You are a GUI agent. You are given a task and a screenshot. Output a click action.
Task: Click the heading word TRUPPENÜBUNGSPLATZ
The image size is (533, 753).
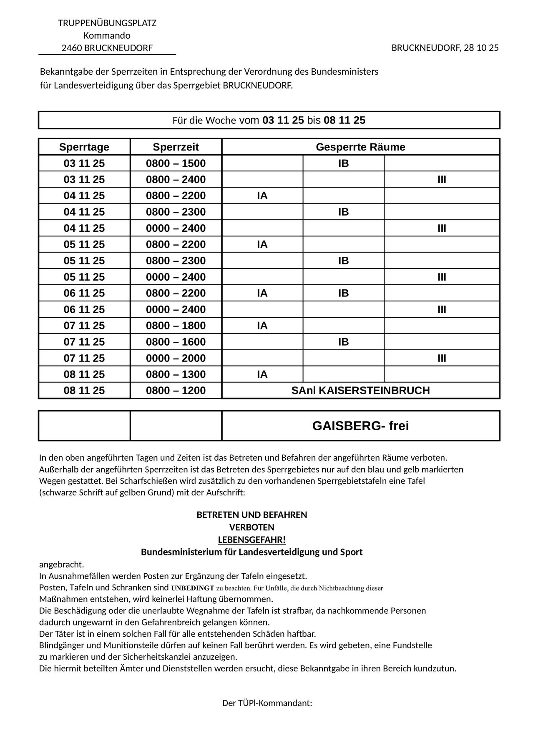pyautogui.click(x=107, y=23)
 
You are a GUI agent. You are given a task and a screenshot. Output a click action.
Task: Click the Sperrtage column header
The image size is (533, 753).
pyautogui.click(x=84, y=147)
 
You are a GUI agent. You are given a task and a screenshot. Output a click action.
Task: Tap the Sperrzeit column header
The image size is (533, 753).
pyautogui.click(x=176, y=147)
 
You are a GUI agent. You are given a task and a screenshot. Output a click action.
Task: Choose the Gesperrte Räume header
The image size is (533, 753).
pyautogui.click(x=360, y=147)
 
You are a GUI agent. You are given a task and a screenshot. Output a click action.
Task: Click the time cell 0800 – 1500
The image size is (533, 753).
pyautogui.click(x=176, y=163)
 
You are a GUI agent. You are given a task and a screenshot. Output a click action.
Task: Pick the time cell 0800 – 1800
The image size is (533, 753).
pyautogui.click(x=176, y=326)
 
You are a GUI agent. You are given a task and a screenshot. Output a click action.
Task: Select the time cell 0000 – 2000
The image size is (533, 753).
pyautogui.click(x=176, y=358)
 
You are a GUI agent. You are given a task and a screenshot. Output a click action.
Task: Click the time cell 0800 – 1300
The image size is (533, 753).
pyautogui.click(x=176, y=374)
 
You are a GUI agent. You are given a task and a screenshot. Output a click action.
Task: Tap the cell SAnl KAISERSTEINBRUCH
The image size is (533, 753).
pyautogui.click(x=360, y=391)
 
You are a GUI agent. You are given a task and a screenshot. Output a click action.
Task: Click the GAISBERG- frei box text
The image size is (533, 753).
pyautogui.click(x=360, y=426)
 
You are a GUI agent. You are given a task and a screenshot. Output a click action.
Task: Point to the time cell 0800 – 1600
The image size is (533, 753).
pyautogui.click(x=176, y=342)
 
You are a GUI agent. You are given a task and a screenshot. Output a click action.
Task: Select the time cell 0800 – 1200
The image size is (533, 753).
pyautogui.click(x=176, y=391)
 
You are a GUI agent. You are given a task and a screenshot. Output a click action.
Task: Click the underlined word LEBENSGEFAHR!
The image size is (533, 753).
pyautogui.click(x=252, y=540)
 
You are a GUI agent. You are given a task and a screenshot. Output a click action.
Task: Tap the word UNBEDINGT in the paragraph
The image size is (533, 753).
pyautogui.click(x=192, y=588)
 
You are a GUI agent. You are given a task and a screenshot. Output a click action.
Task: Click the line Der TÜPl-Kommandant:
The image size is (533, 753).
pyautogui.click(x=267, y=703)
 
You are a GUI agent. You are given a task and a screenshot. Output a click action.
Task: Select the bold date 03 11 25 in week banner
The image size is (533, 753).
pyautogui.click(x=283, y=120)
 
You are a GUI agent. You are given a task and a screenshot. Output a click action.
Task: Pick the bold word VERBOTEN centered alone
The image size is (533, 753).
pyautogui.click(x=252, y=527)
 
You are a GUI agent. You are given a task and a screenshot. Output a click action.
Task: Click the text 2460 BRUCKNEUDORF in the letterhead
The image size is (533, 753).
pyautogui.click(x=107, y=48)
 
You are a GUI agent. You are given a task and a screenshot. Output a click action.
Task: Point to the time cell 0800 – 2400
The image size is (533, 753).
pyautogui.click(x=176, y=180)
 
